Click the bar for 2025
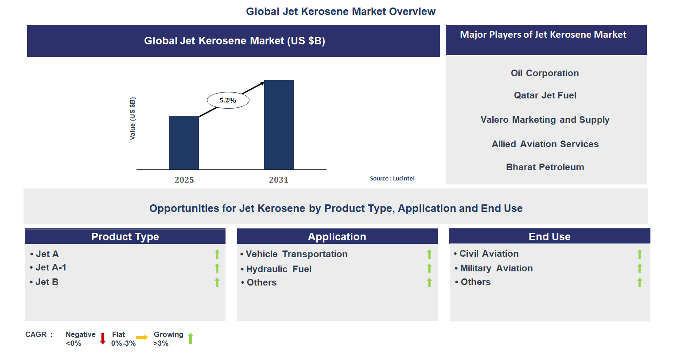[x=184, y=142]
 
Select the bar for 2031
[x=279, y=125]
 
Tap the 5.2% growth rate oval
[x=228, y=100]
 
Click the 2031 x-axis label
[x=278, y=180]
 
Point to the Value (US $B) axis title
[x=132, y=118]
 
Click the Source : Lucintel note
[x=392, y=178]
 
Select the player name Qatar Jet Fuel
[x=545, y=95]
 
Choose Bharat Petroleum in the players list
[x=545, y=167]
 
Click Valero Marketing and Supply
[x=545, y=120]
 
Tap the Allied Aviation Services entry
[x=545, y=144]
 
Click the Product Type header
[x=125, y=237]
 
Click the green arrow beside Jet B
[x=217, y=282]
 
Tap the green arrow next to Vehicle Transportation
[x=429, y=254]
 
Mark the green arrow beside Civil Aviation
[x=639, y=254]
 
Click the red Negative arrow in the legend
[x=103, y=338]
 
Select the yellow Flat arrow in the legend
[x=142, y=337]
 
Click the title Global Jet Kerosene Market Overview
[x=341, y=12]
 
